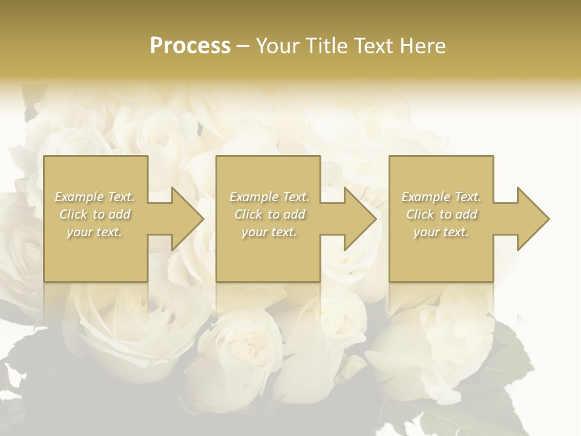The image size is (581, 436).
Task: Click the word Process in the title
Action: click(x=190, y=46)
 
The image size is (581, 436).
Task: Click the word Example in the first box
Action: click(x=79, y=197)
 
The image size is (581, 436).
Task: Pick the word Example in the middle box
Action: click(x=253, y=197)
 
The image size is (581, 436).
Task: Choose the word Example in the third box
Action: click(x=425, y=197)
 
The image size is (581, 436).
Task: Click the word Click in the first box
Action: click(x=74, y=214)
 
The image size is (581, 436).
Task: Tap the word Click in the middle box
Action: click(x=248, y=214)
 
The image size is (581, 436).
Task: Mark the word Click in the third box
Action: click(x=420, y=214)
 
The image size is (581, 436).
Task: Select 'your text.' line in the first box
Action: click(x=95, y=232)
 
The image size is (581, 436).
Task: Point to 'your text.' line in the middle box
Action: click(x=269, y=232)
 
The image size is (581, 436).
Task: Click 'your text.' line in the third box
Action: click(x=441, y=232)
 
